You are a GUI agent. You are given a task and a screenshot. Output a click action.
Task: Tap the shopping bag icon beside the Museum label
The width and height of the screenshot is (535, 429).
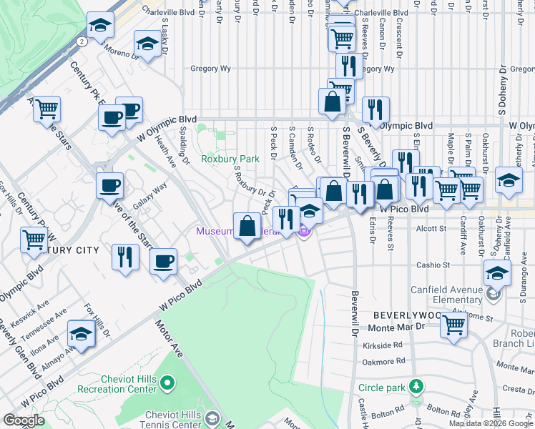point(247,227)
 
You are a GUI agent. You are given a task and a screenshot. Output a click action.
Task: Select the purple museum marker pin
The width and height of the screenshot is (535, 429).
point(304,232)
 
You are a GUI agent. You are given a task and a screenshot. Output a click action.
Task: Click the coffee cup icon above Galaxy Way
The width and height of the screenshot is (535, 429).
point(109,186)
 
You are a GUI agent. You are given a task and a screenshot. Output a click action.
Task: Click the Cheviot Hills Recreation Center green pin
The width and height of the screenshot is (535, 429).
point(167,384)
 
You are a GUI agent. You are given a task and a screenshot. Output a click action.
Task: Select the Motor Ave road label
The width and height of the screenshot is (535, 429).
point(170,336)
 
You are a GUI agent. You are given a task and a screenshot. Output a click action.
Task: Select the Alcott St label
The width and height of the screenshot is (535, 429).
point(431,229)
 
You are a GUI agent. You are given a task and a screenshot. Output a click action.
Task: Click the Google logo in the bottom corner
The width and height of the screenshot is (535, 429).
point(24,420)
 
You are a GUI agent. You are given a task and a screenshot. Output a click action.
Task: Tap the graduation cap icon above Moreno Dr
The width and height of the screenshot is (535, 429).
point(147,45)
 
